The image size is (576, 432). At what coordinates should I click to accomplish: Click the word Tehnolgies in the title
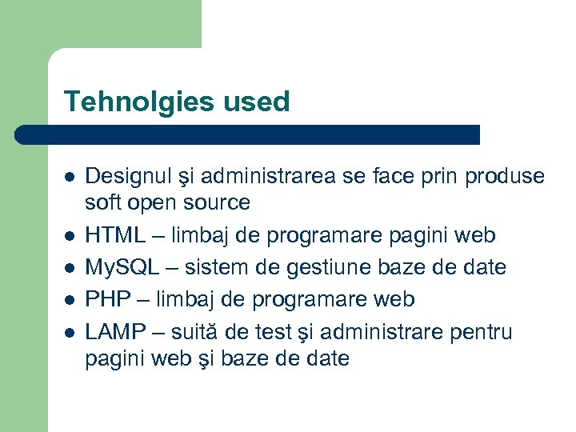tap(129, 102)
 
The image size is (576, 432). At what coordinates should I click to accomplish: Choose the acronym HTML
tap(114, 235)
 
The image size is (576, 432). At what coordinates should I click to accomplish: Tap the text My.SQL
tap(123, 267)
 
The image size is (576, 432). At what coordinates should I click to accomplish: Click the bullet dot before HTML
tap(70, 236)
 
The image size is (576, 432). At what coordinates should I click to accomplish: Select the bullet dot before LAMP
tap(70, 332)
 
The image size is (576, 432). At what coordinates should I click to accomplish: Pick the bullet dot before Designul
tap(70, 177)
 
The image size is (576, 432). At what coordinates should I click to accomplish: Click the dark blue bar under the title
tap(248, 134)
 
